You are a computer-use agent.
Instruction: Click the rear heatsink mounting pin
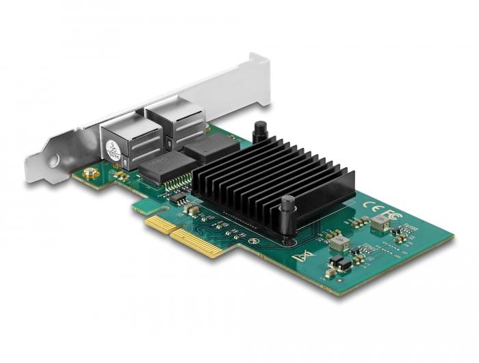tap(260, 132)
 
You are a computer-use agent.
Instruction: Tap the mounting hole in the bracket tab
tap(53, 162)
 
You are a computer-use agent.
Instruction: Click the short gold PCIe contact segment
tap(157, 222)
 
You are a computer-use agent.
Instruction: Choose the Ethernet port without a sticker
tap(171, 122)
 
